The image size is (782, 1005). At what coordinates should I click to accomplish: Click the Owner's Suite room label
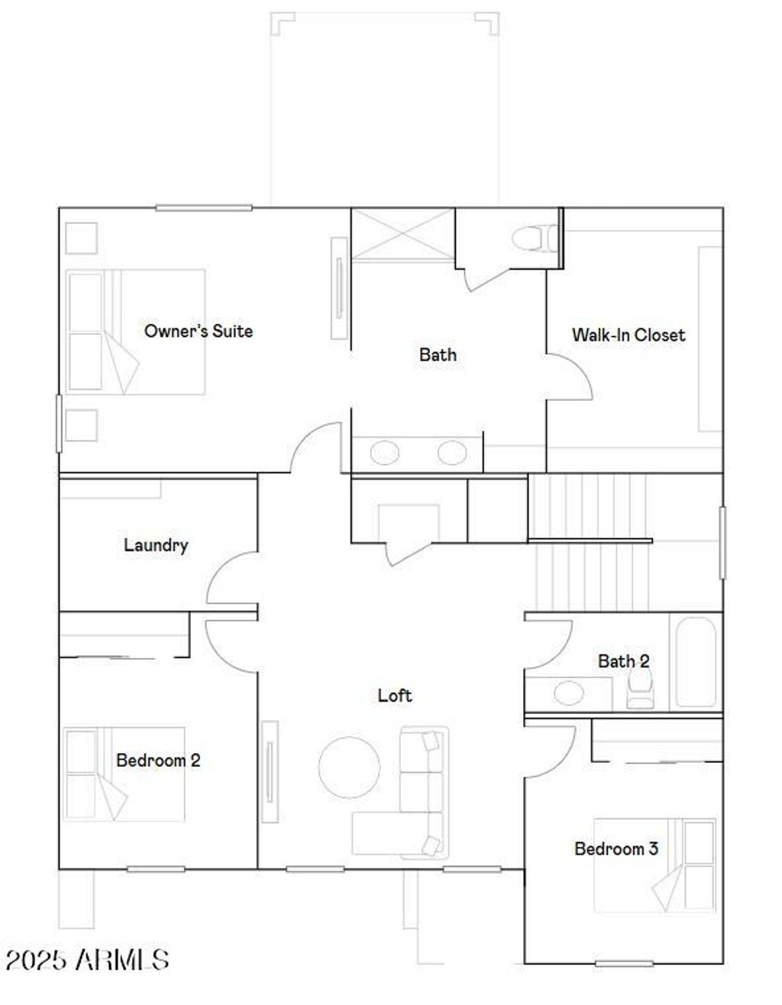pyautogui.click(x=199, y=331)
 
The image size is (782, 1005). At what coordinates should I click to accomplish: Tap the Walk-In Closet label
pyautogui.click(x=628, y=334)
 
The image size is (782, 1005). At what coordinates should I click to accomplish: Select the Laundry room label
pyautogui.click(x=156, y=545)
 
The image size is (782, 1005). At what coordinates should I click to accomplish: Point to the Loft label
pyautogui.click(x=395, y=695)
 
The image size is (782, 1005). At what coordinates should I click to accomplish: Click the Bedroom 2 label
pyautogui.click(x=158, y=760)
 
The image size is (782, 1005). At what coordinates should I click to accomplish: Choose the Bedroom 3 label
pyautogui.click(x=616, y=848)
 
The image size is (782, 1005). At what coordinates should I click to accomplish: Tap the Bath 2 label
pyautogui.click(x=623, y=661)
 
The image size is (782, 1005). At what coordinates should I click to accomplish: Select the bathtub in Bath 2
pyautogui.click(x=696, y=661)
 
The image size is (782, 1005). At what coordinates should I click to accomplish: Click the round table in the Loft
pyautogui.click(x=349, y=767)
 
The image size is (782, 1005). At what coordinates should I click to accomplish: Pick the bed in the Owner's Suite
pyautogui.click(x=136, y=331)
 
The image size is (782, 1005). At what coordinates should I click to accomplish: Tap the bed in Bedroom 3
pyautogui.click(x=655, y=864)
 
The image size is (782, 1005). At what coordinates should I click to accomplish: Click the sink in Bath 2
pyautogui.click(x=568, y=693)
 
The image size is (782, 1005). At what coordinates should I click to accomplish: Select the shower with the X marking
pyautogui.click(x=402, y=234)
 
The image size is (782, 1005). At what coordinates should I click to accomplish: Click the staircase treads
pyautogui.click(x=588, y=542)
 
